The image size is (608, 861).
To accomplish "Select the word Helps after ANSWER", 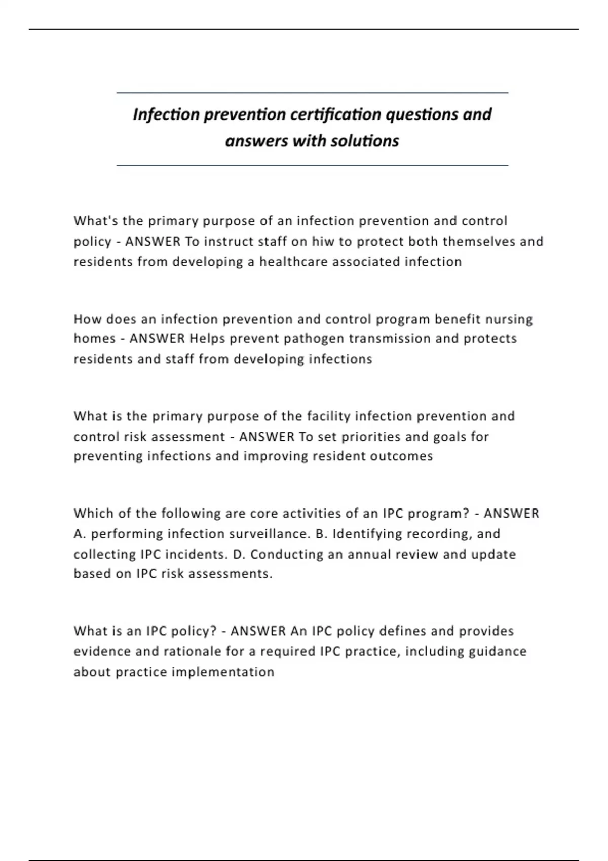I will [x=207, y=338].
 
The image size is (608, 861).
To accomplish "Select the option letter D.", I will [x=238, y=554].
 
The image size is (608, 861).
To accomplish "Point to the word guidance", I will [x=498, y=651].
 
